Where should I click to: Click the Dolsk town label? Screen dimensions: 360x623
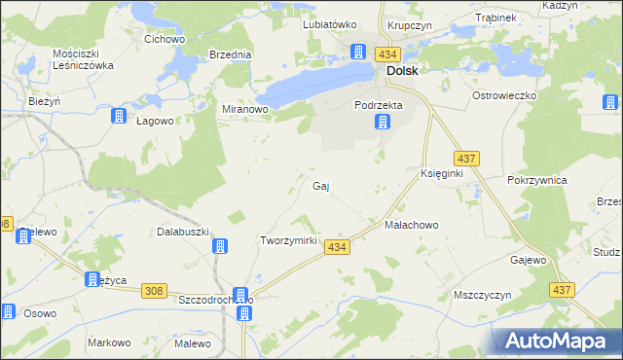tap(402, 71)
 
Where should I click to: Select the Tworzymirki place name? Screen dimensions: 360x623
tap(289, 240)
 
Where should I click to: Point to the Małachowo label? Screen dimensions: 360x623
tap(412, 225)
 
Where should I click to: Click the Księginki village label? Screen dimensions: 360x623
tap(441, 172)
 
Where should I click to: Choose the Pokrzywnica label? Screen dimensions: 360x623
tap(537, 181)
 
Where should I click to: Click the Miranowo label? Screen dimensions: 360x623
tap(244, 110)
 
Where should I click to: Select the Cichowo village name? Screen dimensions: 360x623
tap(165, 39)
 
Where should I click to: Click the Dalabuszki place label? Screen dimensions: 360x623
tap(184, 232)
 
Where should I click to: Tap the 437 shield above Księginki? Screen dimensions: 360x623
tap(465, 158)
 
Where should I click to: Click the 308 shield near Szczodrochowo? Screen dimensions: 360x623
tap(153, 290)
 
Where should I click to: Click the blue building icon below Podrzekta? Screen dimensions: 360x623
tap(384, 123)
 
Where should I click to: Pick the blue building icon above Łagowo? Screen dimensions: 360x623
tap(119, 116)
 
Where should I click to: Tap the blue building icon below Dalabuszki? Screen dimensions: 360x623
tap(221, 247)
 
